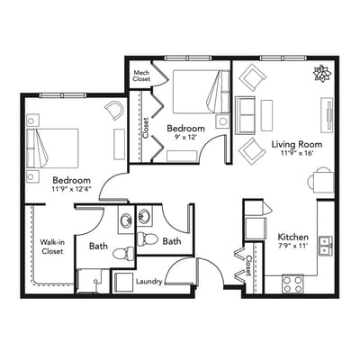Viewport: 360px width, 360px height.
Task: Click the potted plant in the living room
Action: [x=321, y=74]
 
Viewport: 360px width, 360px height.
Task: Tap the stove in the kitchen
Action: [x=292, y=284]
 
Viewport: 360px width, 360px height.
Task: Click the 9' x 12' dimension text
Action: [x=188, y=139]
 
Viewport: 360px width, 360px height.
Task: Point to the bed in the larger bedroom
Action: [x=51, y=146]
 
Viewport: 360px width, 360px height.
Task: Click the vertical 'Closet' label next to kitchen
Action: [x=248, y=264]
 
